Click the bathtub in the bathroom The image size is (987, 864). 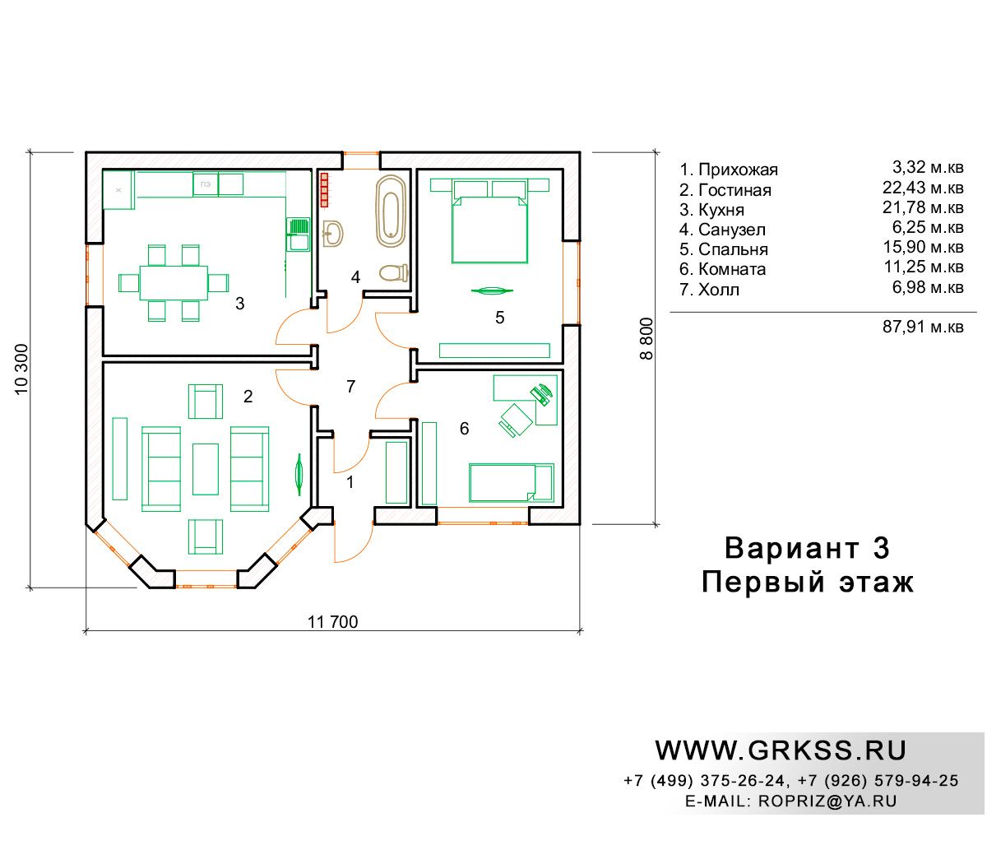391,211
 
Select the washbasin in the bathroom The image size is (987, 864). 333,233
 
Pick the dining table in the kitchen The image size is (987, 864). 174,283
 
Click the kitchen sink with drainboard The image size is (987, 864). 299,235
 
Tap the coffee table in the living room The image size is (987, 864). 206,469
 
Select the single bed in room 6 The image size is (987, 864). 512,483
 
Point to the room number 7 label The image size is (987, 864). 350,386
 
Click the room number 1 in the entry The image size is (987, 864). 350,481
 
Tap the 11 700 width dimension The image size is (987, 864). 333,622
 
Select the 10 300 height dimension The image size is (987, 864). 21,369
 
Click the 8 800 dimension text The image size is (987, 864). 646,338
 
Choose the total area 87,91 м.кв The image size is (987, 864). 923,327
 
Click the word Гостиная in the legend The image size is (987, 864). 734,190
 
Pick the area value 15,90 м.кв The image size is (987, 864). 924,247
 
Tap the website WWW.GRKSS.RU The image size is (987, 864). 781,750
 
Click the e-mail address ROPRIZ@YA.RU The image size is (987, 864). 827,801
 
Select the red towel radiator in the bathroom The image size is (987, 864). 324,190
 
